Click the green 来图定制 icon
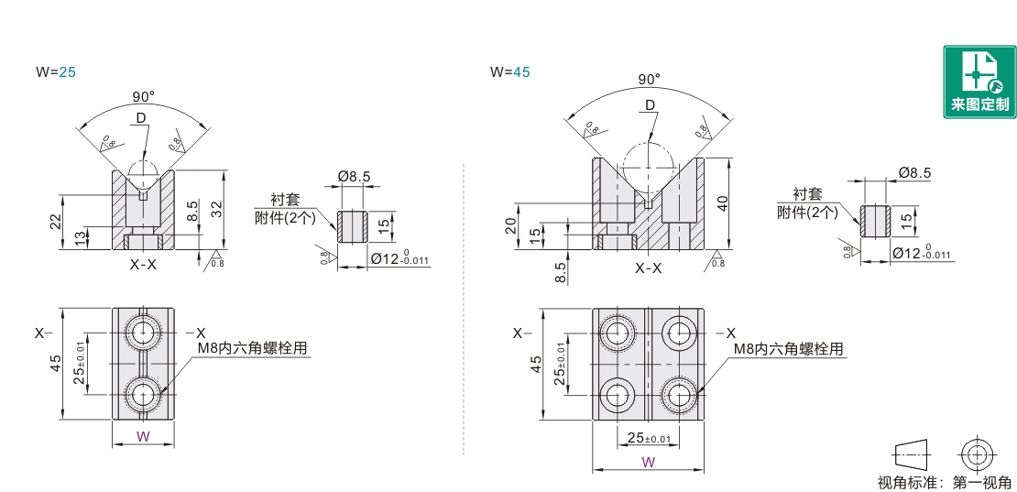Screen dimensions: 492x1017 pyautogui.click(x=979, y=82)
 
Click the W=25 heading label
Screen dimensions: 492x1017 pyautogui.click(x=55, y=71)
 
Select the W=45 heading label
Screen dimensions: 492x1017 pyautogui.click(x=509, y=71)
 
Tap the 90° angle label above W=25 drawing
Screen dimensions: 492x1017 pyautogui.click(x=143, y=96)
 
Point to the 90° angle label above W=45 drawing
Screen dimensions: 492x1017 pyautogui.click(x=649, y=80)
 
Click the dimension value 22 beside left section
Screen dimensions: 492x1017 pyautogui.click(x=56, y=221)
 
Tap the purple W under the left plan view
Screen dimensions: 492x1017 pyautogui.click(x=143, y=437)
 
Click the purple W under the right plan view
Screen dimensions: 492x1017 pyautogui.click(x=648, y=463)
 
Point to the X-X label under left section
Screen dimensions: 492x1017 pyautogui.click(x=143, y=265)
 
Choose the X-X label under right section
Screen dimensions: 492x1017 pyautogui.click(x=649, y=268)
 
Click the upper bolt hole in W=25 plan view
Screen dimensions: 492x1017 pyautogui.click(x=144, y=332)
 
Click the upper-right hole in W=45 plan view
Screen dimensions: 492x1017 pyautogui.click(x=679, y=332)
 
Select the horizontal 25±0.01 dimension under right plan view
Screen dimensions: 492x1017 pyautogui.click(x=649, y=438)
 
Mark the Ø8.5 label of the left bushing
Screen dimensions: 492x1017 pyautogui.click(x=354, y=175)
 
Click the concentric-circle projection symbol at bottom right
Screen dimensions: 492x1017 pyautogui.click(x=977, y=454)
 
